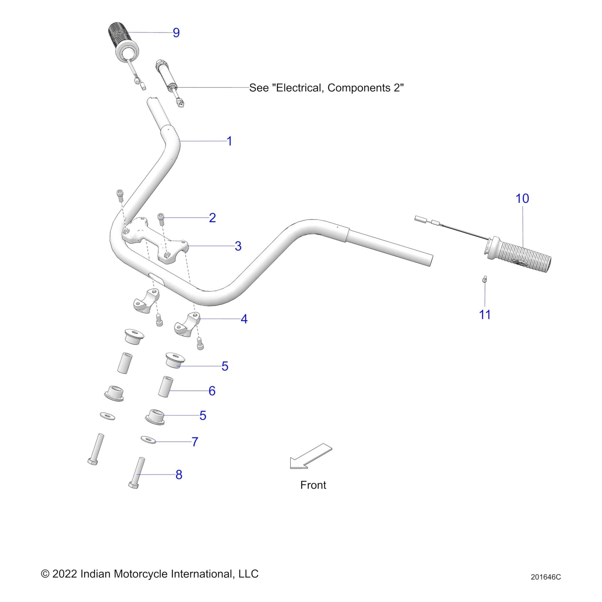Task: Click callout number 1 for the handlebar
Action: click(x=229, y=141)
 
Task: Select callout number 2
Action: click(x=212, y=217)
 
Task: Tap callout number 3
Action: click(x=238, y=246)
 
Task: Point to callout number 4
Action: click(x=244, y=319)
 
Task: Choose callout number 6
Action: click(x=212, y=391)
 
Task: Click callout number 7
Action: click(x=195, y=442)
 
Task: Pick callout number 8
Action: click(x=179, y=475)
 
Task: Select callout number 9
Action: click(x=176, y=32)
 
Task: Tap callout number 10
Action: click(x=522, y=198)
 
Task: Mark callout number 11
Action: click(x=485, y=315)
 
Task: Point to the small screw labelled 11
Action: click(x=485, y=279)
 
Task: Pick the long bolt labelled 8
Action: click(x=137, y=473)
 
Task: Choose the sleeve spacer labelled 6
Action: click(x=165, y=387)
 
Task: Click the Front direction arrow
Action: click(x=310, y=456)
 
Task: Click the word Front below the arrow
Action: click(x=313, y=485)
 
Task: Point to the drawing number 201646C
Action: click(x=546, y=577)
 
